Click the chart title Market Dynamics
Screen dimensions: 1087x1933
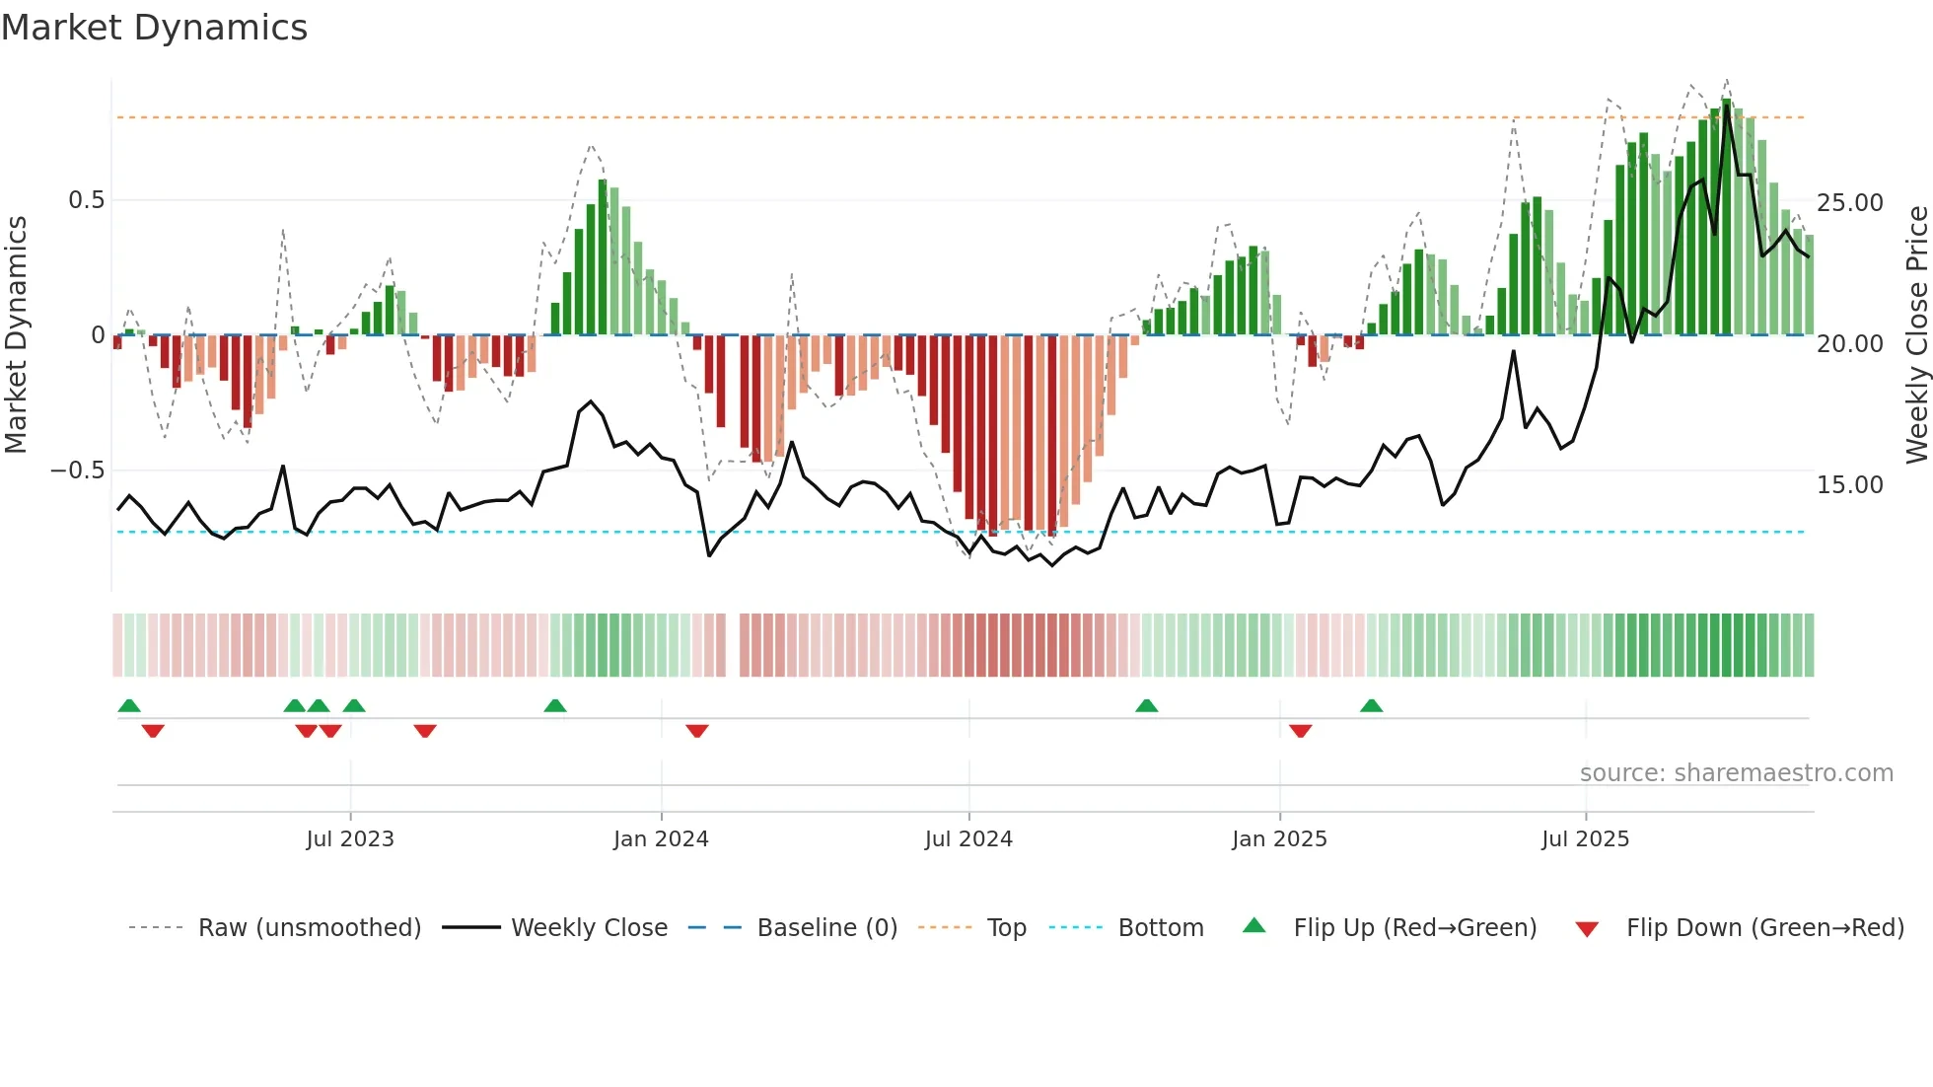point(154,28)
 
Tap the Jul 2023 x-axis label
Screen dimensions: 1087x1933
point(349,839)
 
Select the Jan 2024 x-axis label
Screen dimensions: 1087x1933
point(661,839)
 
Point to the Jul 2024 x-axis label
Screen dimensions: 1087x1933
point(968,839)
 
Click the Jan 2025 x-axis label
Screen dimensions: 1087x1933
point(1279,839)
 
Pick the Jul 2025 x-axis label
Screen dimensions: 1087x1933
point(1585,839)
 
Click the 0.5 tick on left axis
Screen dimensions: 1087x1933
point(86,200)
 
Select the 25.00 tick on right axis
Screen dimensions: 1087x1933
point(1849,203)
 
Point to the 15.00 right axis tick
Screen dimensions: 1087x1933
point(1849,485)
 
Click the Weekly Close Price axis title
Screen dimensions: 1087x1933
point(1916,335)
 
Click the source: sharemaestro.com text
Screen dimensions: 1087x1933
point(1736,773)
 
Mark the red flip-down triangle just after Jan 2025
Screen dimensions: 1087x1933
point(1300,731)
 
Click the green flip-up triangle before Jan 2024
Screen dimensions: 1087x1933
point(555,705)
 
